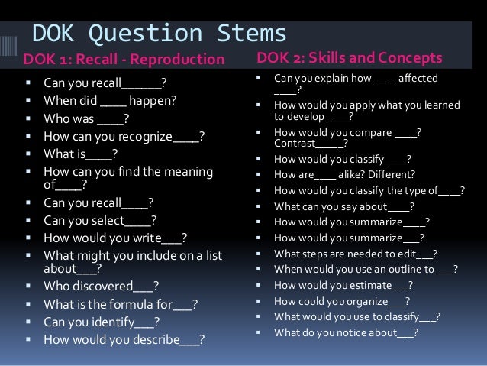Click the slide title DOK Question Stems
159,34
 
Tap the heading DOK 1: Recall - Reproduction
124,60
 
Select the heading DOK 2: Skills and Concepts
350,58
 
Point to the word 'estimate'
365,286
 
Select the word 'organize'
366,301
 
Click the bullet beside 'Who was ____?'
27,118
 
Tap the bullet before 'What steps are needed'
259,254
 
